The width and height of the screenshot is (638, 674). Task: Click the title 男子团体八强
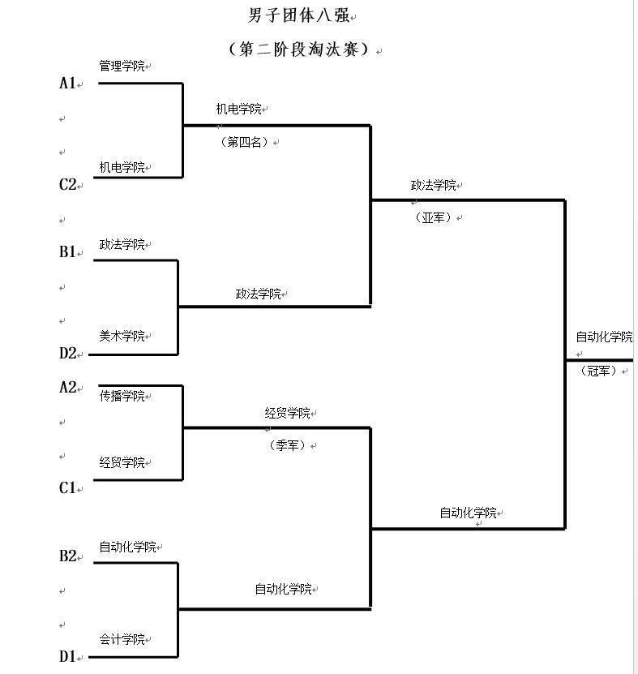(x=299, y=15)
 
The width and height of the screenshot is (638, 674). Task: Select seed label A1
(x=68, y=84)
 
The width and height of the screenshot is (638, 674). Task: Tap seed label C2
(x=68, y=185)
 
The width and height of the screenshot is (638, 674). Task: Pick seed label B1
(x=68, y=252)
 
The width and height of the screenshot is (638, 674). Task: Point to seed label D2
(x=68, y=354)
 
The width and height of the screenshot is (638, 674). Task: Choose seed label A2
(x=68, y=388)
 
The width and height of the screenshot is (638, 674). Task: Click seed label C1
(x=68, y=488)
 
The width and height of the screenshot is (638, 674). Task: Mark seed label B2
(x=68, y=556)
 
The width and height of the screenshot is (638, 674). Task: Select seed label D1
(x=68, y=656)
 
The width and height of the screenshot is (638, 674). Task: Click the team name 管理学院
(x=122, y=66)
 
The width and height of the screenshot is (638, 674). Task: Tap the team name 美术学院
(x=122, y=336)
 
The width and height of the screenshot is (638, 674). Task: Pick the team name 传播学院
(x=122, y=397)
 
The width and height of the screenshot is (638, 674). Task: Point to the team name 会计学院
(x=122, y=640)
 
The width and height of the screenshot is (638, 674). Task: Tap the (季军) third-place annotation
(x=288, y=445)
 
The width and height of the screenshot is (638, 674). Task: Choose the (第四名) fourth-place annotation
(x=244, y=142)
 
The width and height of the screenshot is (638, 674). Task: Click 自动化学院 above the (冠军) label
(x=604, y=337)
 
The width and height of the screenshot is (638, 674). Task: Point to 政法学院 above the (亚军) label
(x=433, y=186)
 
